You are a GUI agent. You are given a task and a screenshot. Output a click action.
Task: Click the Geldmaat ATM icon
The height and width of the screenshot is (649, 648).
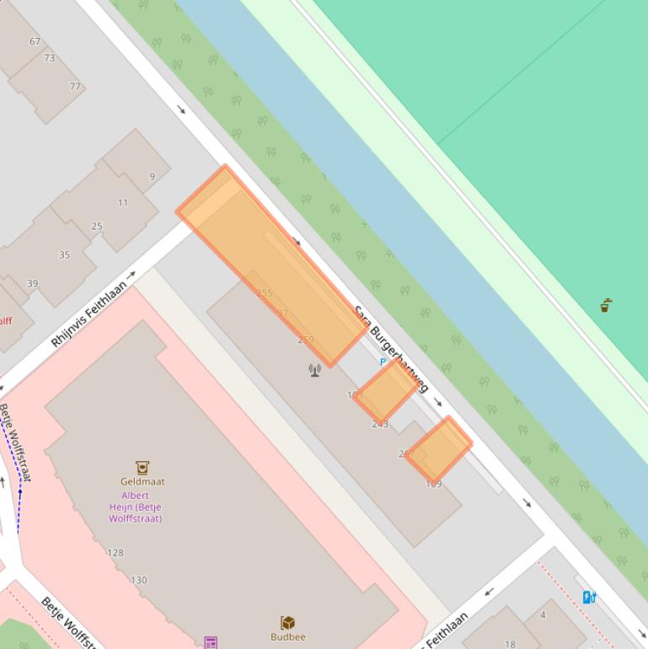pos(142,467)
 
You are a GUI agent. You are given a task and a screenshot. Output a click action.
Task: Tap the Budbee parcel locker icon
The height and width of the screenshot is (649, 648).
pos(288,623)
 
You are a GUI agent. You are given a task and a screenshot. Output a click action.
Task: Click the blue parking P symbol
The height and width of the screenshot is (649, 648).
pos(383,362)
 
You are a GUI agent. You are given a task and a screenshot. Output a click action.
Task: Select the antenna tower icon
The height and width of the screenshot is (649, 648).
pos(314,369)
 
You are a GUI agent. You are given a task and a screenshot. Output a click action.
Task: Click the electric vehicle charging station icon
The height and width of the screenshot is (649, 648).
pos(590,598)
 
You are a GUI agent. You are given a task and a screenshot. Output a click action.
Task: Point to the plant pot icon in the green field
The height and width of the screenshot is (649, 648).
pos(605,305)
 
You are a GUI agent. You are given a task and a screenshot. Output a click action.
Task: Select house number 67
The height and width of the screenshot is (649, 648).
pos(35,41)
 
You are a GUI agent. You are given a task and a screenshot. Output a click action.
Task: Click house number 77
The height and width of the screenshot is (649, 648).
pos(75,87)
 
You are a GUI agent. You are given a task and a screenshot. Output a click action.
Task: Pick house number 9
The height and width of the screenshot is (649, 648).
pos(153,177)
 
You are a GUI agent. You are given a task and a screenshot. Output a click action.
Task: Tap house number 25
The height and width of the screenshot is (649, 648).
pos(97,227)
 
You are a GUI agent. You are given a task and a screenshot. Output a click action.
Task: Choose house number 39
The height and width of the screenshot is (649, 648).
pos(32,284)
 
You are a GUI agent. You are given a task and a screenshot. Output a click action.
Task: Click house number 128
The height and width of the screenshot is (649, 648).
pos(115,553)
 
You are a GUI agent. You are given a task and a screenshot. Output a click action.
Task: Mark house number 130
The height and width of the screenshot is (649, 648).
pos(139,580)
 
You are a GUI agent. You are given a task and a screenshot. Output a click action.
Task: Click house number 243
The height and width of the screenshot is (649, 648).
pos(380,424)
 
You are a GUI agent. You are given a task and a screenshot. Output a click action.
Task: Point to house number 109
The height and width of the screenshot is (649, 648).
pos(434,484)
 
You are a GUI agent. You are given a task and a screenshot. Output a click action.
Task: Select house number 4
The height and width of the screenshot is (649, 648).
pos(543,615)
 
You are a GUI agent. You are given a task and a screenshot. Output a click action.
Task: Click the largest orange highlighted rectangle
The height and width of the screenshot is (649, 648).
pos(271,265)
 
